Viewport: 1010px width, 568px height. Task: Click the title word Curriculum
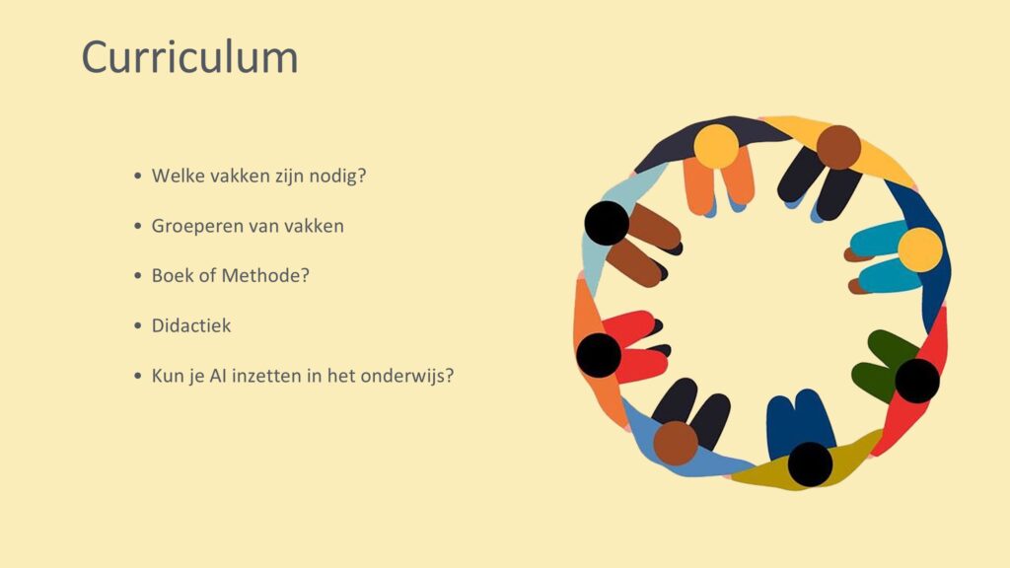[190, 57]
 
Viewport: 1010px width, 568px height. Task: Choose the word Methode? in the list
[265, 276]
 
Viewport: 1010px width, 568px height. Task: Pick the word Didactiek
[191, 325]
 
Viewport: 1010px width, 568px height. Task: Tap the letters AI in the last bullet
[217, 376]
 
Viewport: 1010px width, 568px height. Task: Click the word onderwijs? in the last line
[407, 376]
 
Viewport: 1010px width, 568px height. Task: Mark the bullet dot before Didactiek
[138, 325]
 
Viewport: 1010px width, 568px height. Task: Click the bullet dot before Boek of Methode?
[138, 276]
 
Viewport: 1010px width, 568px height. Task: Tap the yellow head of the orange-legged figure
[716, 147]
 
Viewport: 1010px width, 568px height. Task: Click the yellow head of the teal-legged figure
[920, 249]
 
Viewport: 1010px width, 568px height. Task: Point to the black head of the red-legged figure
[599, 355]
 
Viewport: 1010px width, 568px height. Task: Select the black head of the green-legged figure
[917, 381]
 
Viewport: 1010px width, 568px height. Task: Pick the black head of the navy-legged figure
[811, 463]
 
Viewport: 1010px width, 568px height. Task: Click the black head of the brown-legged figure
[607, 223]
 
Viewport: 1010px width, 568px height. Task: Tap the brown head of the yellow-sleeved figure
[838, 148]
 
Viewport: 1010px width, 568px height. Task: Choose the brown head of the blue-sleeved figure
[676, 443]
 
